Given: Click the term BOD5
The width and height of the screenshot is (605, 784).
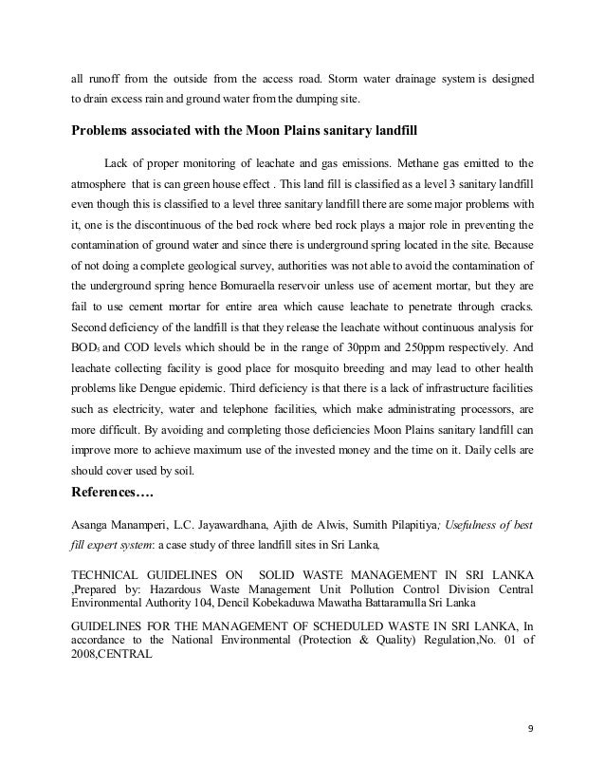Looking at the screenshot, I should click(85, 349).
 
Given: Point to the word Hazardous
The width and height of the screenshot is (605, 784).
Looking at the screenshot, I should click(163, 589).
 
